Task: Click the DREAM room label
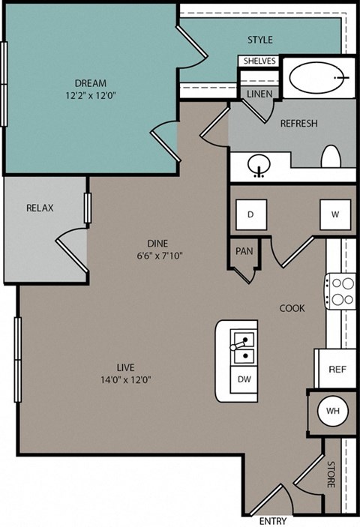[x=90, y=82]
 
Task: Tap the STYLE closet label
[x=260, y=40]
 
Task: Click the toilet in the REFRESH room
[x=331, y=157]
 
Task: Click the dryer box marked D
[x=251, y=214]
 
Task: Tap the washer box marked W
[x=334, y=214]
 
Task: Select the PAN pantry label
[x=244, y=251]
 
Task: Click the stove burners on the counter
[x=341, y=291]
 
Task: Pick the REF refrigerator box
[x=337, y=370]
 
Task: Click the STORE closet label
[x=330, y=475]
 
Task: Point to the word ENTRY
[x=272, y=520]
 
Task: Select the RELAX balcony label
[x=40, y=208]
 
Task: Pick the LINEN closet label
[x=259, y=94]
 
